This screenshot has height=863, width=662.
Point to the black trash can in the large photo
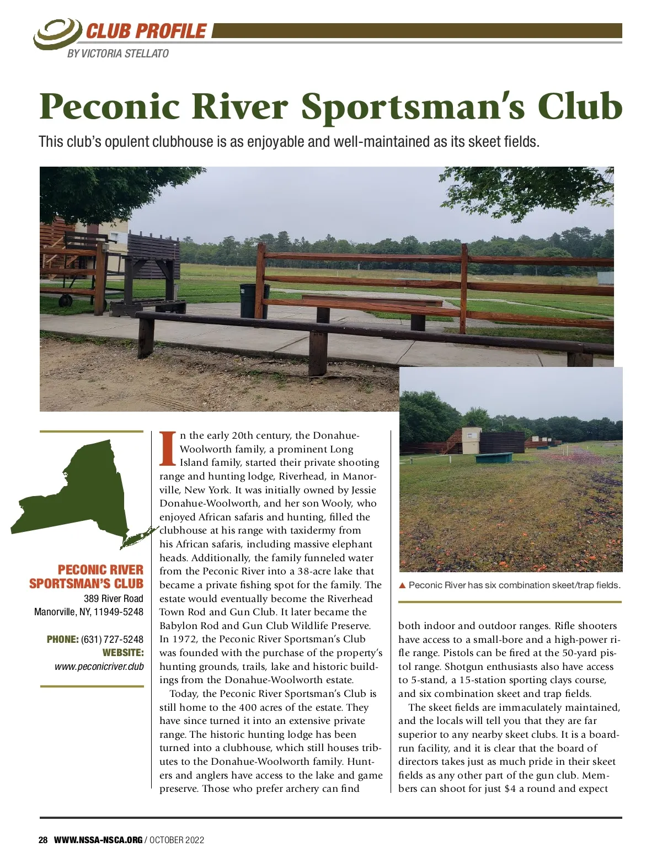(x=253, y=300)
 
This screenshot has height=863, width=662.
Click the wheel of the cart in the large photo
(x=66, y=301)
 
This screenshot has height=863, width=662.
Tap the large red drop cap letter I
(x=168, y=449)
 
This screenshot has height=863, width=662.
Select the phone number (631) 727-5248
(x=112, y=640)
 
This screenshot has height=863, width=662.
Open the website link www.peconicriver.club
(x=99, y=667)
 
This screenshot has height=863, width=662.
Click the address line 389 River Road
(x=113, y=599)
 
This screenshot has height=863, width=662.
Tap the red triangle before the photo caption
(x=402, y=585)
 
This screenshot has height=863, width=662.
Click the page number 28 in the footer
(x=43, y=840)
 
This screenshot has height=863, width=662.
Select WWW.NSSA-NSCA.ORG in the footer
(x=98, y=840)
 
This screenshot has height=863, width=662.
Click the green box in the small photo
(x=494, y=457)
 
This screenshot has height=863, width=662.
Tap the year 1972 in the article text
(x=184, y=640)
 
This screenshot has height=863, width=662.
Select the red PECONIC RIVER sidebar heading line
(x=100, y=570)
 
